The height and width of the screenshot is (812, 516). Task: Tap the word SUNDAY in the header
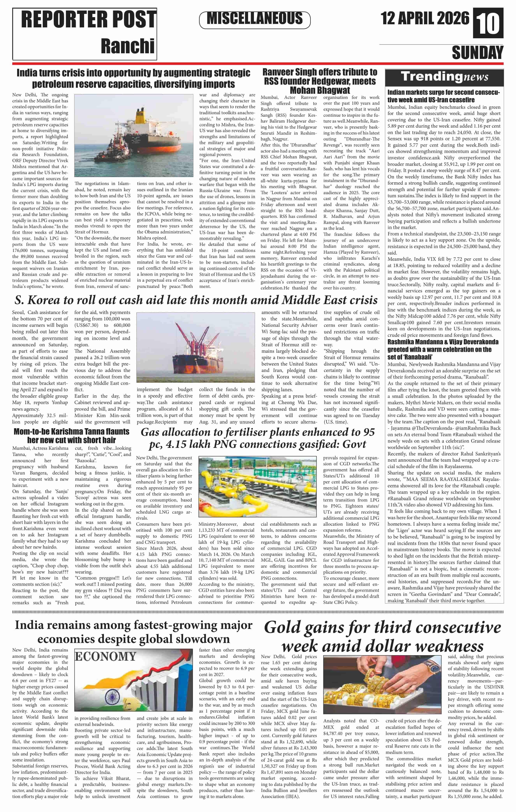pyautogui.click(x=477, y=53)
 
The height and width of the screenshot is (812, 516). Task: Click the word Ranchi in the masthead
pyautogui.click(x=128, y=46)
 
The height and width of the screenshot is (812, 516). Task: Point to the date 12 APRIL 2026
pyautogui.click(x=425, y=18)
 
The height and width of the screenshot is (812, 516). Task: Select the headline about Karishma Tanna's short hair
pyautogui.click(x=71, y=436)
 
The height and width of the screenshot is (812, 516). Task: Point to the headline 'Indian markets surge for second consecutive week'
pyautogui.click(x=443, y=96)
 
